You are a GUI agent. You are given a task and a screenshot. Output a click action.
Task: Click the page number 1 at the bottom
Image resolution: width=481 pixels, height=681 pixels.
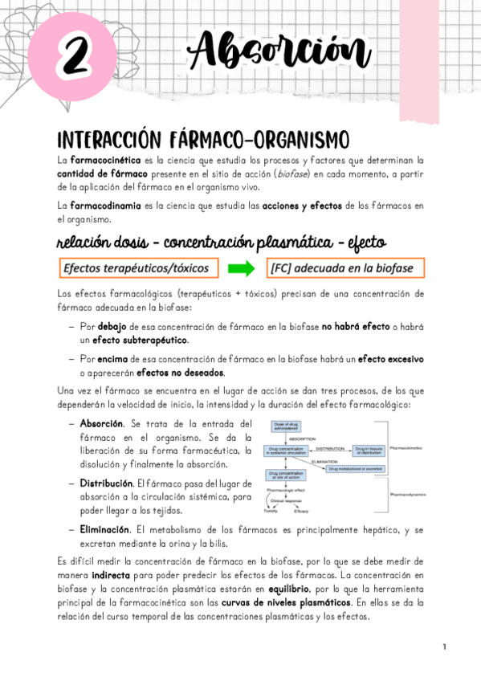point(444,646)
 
